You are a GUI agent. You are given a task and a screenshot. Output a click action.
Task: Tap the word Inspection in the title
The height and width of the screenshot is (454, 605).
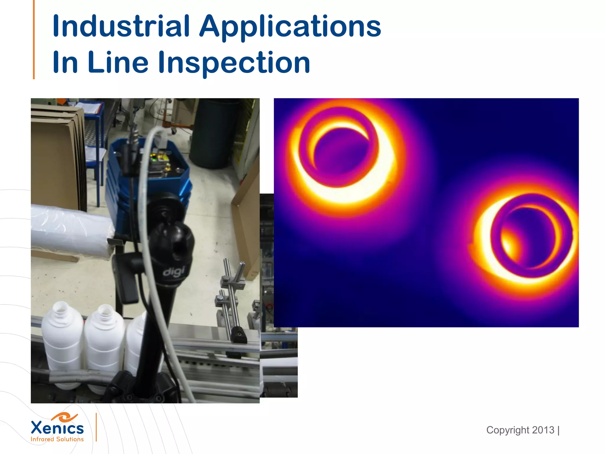pos(234,63)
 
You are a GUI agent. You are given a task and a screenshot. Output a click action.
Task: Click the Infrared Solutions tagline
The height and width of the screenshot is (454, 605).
pos(57,440)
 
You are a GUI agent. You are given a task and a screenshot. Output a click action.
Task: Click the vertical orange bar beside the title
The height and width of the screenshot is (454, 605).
pos(34,40)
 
